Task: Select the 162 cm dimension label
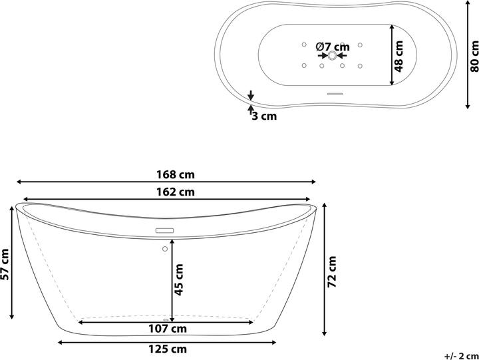pyautogui.click(x=178, y=192)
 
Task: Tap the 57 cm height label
pyautogui.click(x=6, y=264)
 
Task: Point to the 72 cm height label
pyautogui.click(x=333, y=271)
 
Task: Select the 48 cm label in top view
pyautogui.click(x=399, y=56)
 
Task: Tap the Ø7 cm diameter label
pyautogui.click(x=333, y=47)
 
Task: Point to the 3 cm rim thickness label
pyautogui.click(x=264, y=116)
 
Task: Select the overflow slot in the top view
pyautogui.click(x=335, y=94)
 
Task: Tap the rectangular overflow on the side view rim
pyautogui.click(x=164, y=230)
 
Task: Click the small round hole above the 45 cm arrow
pyautogui.click(x=164, y=249)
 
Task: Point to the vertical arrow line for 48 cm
pyautogui.click(x=392, y=55)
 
